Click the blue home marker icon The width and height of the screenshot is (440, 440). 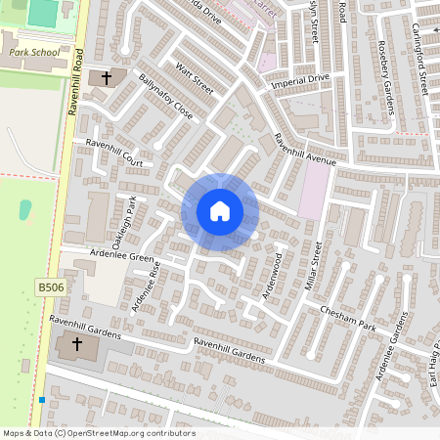[x=220, y=211]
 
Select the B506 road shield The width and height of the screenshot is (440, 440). [x=50, y=286]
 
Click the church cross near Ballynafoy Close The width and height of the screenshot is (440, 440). [x=107, y=76]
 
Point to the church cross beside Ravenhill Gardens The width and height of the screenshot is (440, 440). [x=76, y=345]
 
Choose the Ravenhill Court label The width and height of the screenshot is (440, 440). [x=114, y=154]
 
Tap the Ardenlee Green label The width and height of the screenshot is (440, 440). [x=122, y=258]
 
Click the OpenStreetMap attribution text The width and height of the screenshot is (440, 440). [x=99, y=433]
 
